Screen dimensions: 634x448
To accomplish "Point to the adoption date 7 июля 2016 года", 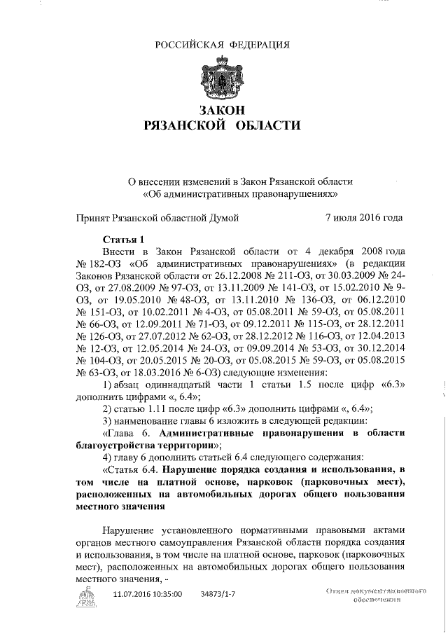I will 365,218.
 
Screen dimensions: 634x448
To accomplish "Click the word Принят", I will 95,218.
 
